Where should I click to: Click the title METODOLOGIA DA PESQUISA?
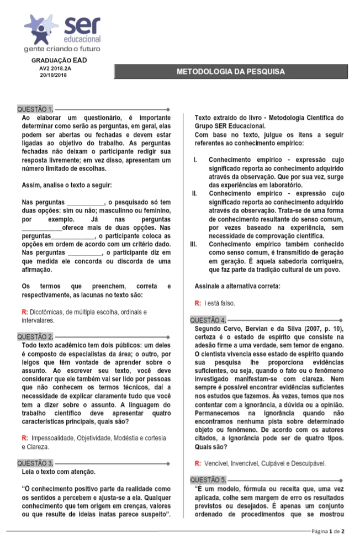tap(230, 72)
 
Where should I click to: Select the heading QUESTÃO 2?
tap(35, 336)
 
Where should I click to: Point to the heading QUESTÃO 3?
tap(35, 463)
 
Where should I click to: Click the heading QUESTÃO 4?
tap(208, 320)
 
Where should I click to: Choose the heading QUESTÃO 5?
tap(208, 479)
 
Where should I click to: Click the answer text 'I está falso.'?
tap(220, 303)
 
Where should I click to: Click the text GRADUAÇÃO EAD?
tap(59, 60)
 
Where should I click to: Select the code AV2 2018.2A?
tap(55, 67)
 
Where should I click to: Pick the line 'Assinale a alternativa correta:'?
tap(237, 286)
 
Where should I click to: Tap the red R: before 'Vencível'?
tap(198, 463)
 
